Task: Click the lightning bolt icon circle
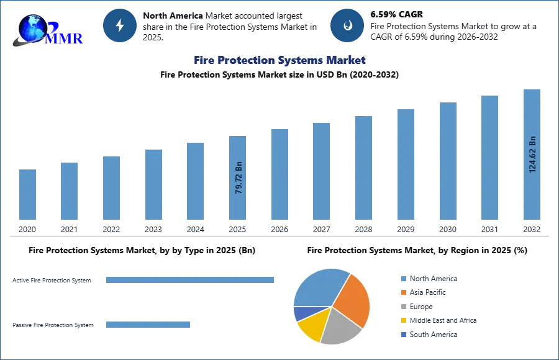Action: [x=120, y=25]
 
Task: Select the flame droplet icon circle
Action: [x=347, y=25]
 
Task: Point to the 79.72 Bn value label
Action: [x=239, y=179]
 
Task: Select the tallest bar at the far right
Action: [x=532, y=155]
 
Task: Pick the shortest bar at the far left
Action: [x=27, y=195]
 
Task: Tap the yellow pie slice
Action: [x=312, y=327]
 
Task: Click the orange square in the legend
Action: [x=403, y=293]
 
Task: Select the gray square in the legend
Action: [x=403, y=307]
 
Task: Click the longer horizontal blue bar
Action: [x=191, y=279]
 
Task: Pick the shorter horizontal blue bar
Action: [x=148, y=323]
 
